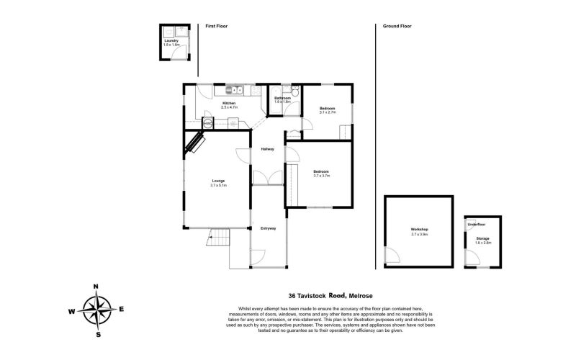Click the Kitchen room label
click(x=229, y=103)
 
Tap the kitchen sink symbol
click(x=235, y=90)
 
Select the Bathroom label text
click(x=282, y=98)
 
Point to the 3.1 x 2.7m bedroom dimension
click(x=328, y=112)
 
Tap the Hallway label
click(x=268, y=149)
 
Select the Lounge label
click(x=218, y=181)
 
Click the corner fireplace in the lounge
click(x=195, y=142)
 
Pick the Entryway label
click(x=268, y=228)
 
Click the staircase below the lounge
click(x=219, y=236)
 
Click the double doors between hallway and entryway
click(x=268, y=179)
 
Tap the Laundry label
click(x=171, y=41)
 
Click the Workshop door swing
click(x=392, y=256)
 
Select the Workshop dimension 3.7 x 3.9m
click(x=419, y=234)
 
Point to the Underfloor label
click(x=477, y=224)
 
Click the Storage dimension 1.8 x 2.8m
click(x=482, y=243)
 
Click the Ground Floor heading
click(x=397, y=26)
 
